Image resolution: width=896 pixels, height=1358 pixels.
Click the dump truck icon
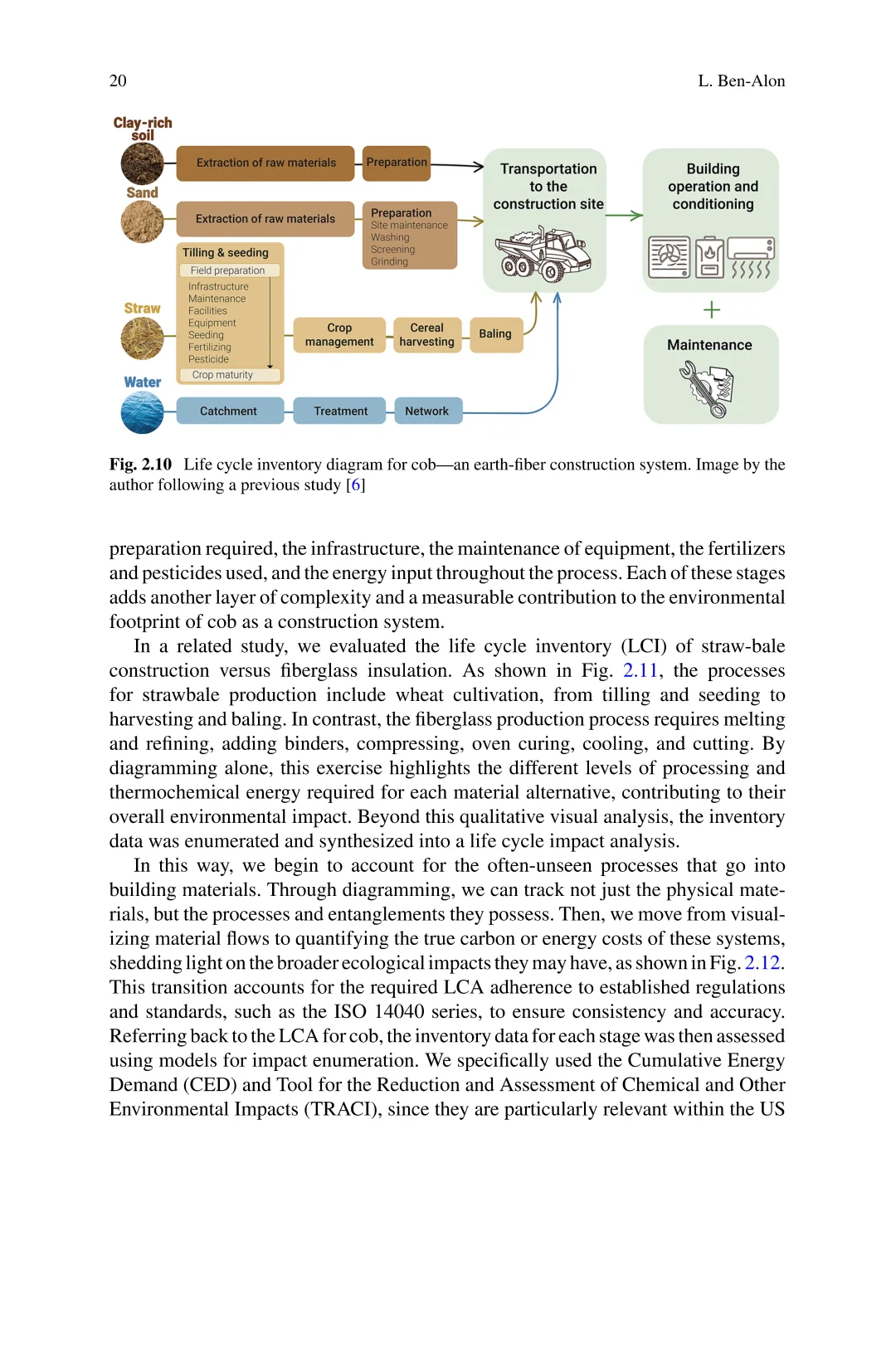point(544,253)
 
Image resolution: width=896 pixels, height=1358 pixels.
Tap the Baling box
point(495,334)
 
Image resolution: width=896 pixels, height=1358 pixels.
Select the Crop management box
point(339,335)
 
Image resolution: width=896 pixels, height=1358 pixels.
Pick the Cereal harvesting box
point(426,335)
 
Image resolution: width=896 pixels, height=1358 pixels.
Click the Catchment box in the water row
point(229,411)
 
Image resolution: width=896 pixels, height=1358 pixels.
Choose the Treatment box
point(340,411)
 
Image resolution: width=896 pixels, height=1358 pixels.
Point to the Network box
point(426,411)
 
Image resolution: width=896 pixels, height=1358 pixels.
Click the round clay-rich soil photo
point(143,163)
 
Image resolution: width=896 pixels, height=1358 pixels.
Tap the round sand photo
point(143,221)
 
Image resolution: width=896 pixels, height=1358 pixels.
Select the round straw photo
point(143,338)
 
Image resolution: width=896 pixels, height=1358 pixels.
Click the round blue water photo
point(143,412)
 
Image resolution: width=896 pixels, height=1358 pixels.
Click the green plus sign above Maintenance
point(712,310)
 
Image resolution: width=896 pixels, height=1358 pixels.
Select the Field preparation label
point(228,270)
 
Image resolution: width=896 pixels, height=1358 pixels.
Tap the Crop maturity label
point(222,375)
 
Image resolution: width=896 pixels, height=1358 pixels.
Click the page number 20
point(118,81)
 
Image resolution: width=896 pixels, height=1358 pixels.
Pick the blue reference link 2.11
point(640,671)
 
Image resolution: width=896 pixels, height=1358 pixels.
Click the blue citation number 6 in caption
point(356,485)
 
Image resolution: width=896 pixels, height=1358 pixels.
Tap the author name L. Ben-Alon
point(741,81)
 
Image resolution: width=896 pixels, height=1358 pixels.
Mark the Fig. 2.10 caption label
point(140,465)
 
